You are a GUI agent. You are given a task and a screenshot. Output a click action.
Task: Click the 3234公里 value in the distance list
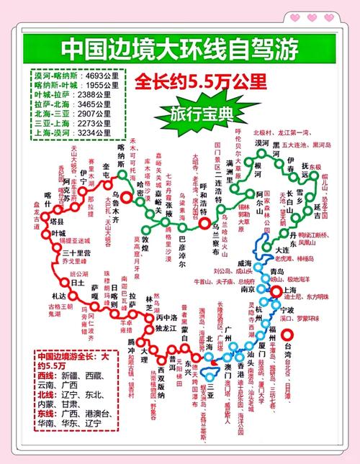point(101,132)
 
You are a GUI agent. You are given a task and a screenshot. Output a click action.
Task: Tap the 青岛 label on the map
point(277,271)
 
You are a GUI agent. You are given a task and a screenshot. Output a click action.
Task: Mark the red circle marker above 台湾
point(289,335)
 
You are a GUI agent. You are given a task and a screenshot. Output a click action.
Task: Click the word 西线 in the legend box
point(48,376)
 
